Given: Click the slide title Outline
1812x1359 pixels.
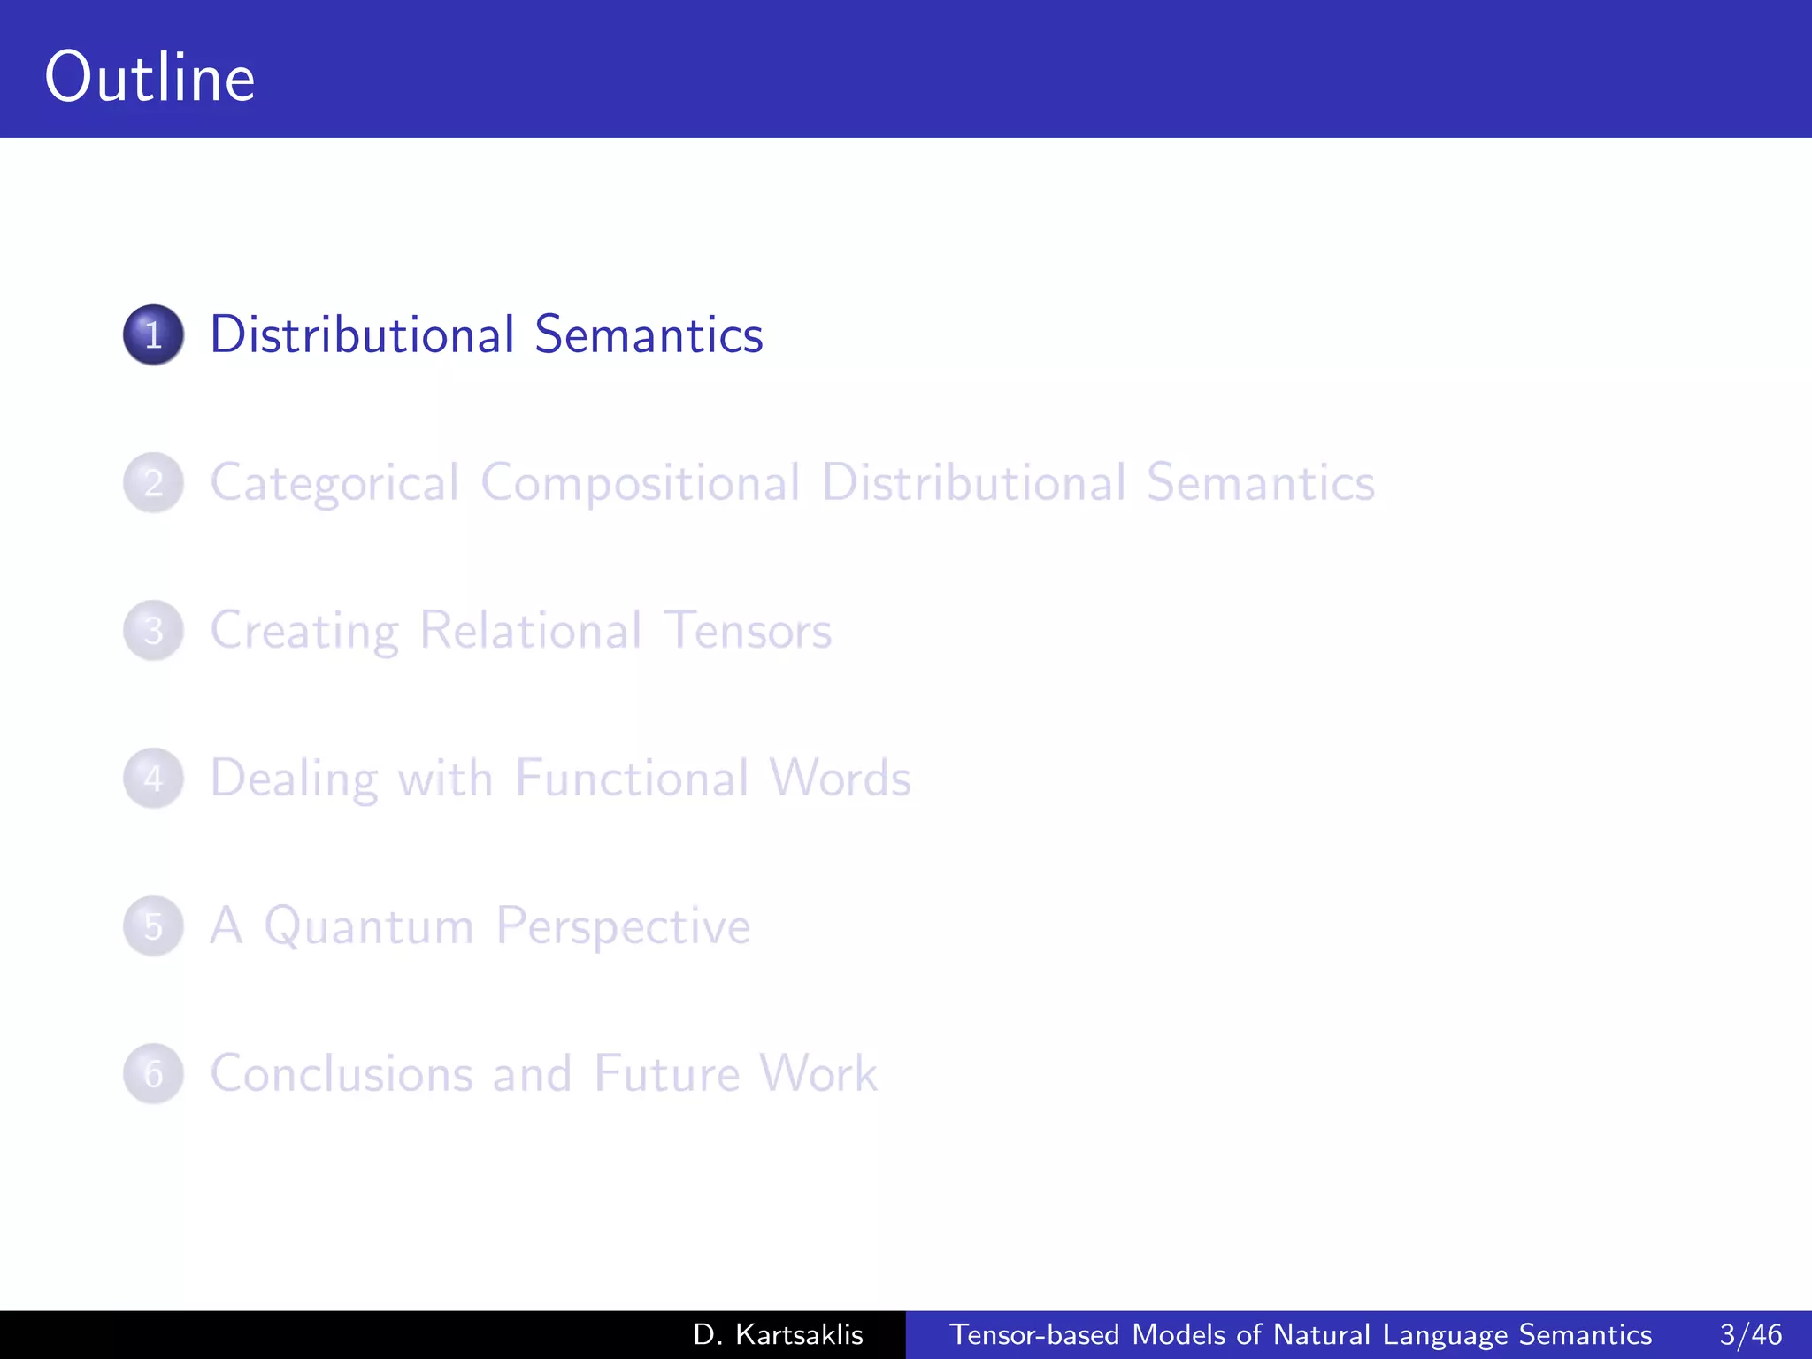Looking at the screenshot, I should click(x=150, y=78).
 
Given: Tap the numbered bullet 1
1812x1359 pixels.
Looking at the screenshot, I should click(x=153, y=335).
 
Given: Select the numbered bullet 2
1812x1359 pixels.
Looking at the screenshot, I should click(x=153, y=483).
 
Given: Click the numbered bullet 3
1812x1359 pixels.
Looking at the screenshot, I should click(x=153, y=631).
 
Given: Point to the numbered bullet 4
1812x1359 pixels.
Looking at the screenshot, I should click(x=153, y=779).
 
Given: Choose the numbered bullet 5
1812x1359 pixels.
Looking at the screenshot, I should click(x=153, y=926).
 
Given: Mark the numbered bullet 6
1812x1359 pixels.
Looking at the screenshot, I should click(x=153, y=1074).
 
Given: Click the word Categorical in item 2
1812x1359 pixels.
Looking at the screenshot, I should click(x=334, y=483).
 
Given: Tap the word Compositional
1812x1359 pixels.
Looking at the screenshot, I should click(x=641, y=483).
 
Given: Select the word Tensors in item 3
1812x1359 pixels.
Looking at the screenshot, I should click(x=748, y=630).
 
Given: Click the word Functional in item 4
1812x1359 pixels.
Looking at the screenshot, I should click(x=632, y=778).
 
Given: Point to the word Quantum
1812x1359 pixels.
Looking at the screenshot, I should click(x=369, y=926).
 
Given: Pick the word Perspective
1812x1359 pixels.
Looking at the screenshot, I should click(x=623, y=926).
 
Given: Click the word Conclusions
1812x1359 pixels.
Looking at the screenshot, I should click(x=341, y=1073).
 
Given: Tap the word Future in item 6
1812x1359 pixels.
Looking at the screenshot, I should click(x=666, y=1073).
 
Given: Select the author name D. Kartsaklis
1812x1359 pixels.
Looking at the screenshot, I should click(x=778, y=1334).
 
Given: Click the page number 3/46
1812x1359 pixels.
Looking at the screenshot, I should click(x=1750, y=1334).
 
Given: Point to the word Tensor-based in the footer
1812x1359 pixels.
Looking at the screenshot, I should click(x=1034, y=1334).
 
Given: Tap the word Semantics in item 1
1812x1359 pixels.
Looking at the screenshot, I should click(x=649, y=334).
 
